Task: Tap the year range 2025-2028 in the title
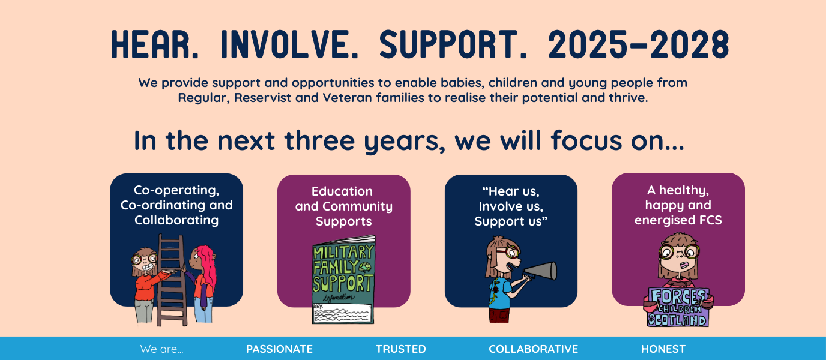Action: coord(639,44)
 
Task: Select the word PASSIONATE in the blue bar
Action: coord(279,349)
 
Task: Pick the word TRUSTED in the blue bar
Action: coord(400,349)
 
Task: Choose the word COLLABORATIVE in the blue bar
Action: coord(533,349)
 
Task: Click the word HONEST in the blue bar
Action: coord(663,349)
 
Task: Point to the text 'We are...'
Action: coord(161,349)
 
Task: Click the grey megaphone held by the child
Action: coord(541,272)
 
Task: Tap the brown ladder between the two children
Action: coord(172,280)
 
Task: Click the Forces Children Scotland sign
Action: coord(678,307)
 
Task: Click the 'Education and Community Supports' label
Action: coord(344,206)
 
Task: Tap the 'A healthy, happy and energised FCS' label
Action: coord(678,205)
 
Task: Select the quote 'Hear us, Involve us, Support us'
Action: coord(511,206)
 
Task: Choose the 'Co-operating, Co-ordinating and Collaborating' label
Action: coord(176,205)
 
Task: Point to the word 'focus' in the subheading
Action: coord(586,140)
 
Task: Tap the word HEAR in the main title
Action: coord(155,44)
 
